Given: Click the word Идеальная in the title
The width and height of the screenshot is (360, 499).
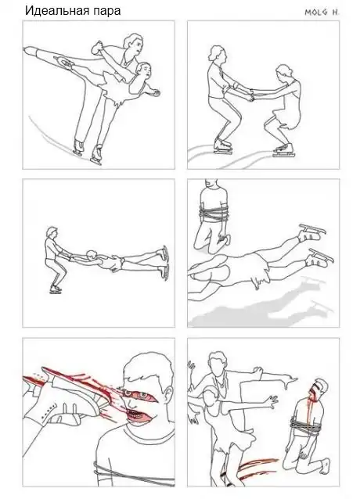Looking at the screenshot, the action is point(57,10).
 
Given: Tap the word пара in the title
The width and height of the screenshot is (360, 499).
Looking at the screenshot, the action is point(106,12).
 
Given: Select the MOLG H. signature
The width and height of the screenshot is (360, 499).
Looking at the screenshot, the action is point(322,13).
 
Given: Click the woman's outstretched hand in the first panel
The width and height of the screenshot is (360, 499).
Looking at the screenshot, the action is point(156,92).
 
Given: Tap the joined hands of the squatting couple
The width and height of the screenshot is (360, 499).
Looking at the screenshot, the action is point(250,95).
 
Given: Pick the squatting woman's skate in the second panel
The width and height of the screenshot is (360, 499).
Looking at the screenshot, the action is point(283,150).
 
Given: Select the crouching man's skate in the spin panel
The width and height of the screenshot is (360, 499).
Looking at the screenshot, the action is point(56,289).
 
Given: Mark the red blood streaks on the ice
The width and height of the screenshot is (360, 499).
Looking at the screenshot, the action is point(254,468).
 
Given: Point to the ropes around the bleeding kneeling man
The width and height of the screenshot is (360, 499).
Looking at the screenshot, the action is point(305,425).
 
